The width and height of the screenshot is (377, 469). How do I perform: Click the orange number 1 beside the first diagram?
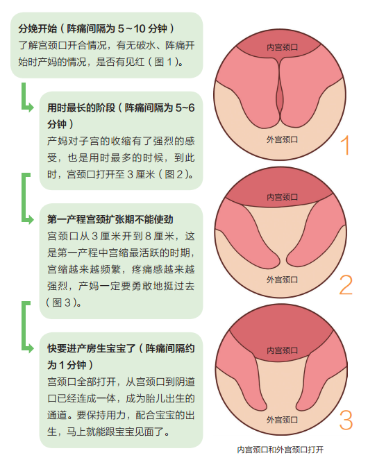point(345,146)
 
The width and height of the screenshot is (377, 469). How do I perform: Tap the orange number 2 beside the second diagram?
point(346,284)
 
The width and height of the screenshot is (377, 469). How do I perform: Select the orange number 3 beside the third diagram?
point(346,420)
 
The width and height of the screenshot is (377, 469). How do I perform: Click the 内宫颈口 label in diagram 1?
point(282,47)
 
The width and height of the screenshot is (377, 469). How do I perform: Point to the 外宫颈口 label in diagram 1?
point(282,139)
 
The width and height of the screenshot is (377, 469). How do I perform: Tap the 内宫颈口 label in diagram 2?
point(282,197)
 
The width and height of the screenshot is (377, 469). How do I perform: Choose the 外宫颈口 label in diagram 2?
point(282,280)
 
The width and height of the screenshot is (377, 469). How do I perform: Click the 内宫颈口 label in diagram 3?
point(282,350)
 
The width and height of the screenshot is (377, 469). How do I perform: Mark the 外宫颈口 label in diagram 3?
point(282,420)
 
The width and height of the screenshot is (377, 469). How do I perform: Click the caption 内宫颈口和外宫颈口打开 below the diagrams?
point(280,450)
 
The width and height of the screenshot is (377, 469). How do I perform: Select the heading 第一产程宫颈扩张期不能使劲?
point(110,219)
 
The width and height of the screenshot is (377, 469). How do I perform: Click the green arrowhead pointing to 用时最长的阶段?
point(30,107)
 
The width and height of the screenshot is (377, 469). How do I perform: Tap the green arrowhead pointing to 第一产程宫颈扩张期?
point(30,219)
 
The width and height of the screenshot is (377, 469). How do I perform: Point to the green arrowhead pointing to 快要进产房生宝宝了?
point(30,348)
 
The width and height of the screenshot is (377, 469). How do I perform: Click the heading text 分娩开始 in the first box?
point(37,28)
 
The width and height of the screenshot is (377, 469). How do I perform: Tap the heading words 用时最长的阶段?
point(81,108)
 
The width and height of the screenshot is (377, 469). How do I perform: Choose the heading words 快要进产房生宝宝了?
point(91,348)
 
